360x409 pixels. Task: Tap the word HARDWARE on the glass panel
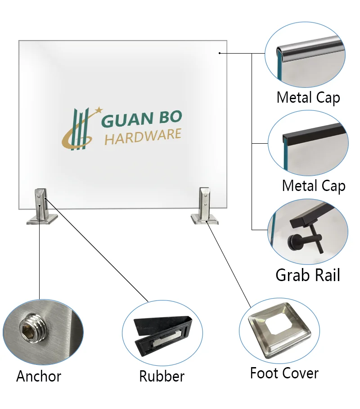pos(143,136)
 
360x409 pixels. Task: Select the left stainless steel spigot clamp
pos(42,206)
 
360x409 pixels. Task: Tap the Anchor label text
pos(39,376)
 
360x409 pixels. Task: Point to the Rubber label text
pos(162,376)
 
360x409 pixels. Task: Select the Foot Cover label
pos(284,373)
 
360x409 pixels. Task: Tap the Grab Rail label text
pos(308,275)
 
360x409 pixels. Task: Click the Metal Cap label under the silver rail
pos(308,98)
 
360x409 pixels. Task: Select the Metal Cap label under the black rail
pos(314,186)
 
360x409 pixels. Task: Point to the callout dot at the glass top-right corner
pos(220,53)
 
